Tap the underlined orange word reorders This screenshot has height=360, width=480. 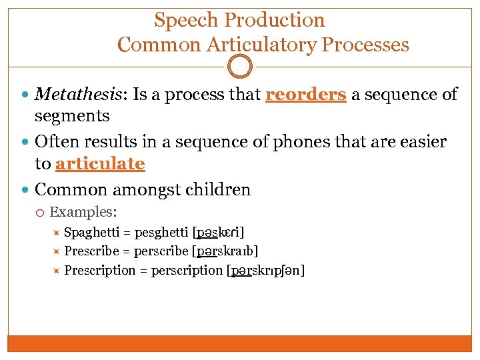click(305, 95)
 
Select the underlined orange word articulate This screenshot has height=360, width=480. click(100, 163)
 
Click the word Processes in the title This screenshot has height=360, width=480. click(365, 45)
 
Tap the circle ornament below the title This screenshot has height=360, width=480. click(240, 67)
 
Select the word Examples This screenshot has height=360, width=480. click(83, 213)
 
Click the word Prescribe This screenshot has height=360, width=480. click(92, 251)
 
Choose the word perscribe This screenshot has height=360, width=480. click(161, 251)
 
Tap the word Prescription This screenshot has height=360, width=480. click(100, 270)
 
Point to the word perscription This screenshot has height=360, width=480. click(187, 270)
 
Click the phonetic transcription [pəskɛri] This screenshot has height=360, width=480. click(218, 233)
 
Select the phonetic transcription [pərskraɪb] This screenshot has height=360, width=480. click(225, 251)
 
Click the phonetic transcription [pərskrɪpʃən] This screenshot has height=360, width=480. click(265, 270)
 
